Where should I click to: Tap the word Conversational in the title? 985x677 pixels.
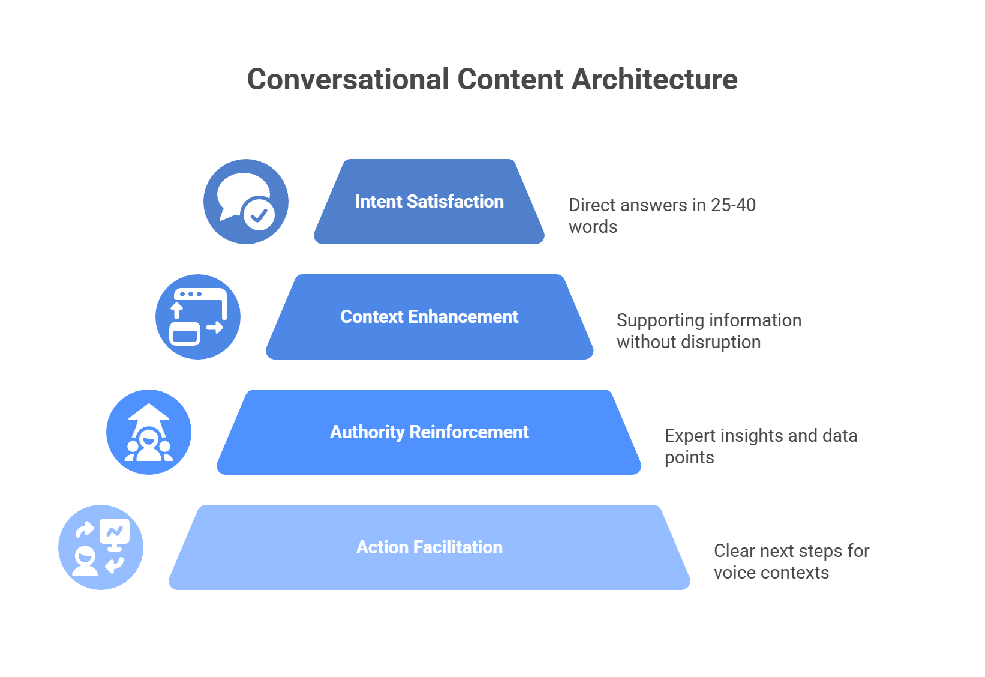pyautogui.click(x=348, y=80)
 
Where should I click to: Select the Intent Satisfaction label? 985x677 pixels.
pyautogui.click(x=429, y=202)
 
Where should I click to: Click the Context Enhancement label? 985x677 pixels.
pyautogui.click(x=429, y=317)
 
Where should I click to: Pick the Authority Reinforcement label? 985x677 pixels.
pyautogui.click(x=429, y=432)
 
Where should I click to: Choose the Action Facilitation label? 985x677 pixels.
pyautogui.click(x=429, y=547)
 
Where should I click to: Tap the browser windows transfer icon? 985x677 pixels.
pyautogui.click(x=198, y=317)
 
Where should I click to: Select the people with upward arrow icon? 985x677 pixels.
pyautogui.click(x=149, y=432)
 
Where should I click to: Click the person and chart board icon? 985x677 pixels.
pyautogui.click(x=101, y=547)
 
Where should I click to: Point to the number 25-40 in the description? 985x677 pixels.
pyautogui.click(x=733, y=205)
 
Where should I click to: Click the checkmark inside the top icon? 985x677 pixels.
pyautogui.click(x=259, y=214)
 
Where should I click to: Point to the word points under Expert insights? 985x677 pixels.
pyautogui.click(x=689, y=457)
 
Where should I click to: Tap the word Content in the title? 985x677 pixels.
pyautogui.click(x=510, y=80)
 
